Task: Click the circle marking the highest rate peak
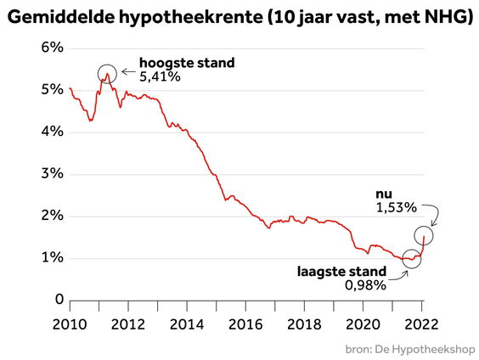click(x=107, y=75)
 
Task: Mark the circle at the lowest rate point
click(x=412, y=258)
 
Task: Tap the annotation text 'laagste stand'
click(x=341, y=272)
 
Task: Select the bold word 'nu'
click(x=384, y=193)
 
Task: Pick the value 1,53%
click(x=395, y=206)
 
